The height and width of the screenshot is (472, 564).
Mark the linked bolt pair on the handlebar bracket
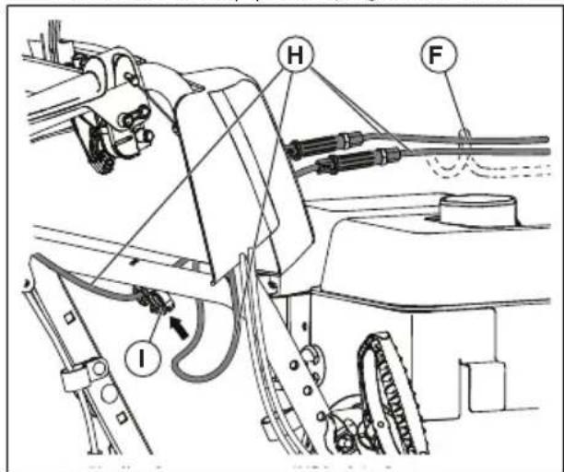[135, 119]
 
